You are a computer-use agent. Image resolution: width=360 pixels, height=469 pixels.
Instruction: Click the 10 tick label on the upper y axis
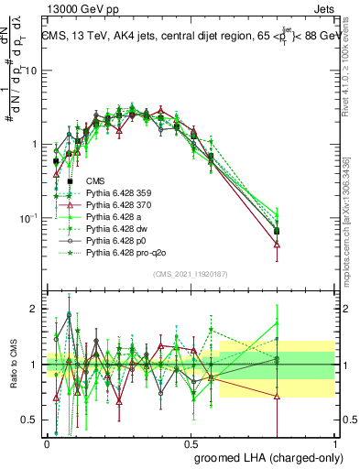pyautogui.click(x=31, y=71)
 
